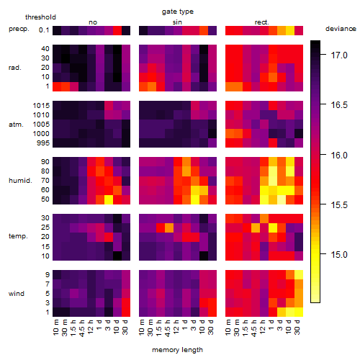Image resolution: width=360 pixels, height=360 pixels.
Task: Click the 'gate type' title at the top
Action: pyautogui.click(x=178, y=12)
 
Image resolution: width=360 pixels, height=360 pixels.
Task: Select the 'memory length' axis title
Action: pyautogui.click(x=177, y=350)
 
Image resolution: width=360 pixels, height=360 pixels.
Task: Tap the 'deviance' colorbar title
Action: pyautogui.click(x=341, y=29)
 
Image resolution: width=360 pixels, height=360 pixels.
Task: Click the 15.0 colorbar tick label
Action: pyautogui.click(x=339, y=254)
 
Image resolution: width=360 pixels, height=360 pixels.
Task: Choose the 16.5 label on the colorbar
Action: pyautogui.click(x=339, y=105)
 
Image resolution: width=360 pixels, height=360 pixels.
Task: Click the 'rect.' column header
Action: pyautogui.click(x=261, y=22)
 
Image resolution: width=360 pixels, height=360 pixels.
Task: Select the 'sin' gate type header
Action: pyautogui.click(x=177, y=22)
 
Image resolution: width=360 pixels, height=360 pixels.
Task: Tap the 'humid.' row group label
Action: pyautogui.click(x=20, y=181)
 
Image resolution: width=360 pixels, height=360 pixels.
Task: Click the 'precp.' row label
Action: pyautogui.click(x=19, y=29)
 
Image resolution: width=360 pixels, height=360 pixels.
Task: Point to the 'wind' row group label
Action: pyautogui.click(x=17, y=294)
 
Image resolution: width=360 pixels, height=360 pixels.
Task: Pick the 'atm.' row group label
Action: pyautogui.click(x=16, y=125)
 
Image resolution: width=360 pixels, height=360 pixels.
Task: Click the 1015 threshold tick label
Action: pyautogui.click(x=41, y=106)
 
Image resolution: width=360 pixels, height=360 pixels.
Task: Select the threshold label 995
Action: pyautogui.click(x=43, y=143)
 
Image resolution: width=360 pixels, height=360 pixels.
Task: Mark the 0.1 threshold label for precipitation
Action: pyautogui.click(x=44, y=30)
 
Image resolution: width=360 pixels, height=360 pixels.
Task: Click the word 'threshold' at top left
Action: pyautogui.click(x=40, y=17)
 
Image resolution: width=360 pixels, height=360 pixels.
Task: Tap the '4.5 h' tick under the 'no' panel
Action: pyautogui.click(x=82, y=328)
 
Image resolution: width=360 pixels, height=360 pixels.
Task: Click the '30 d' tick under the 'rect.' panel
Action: pyautogui.click(x=297, y=327)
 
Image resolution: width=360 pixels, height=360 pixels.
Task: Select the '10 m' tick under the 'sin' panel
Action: pyautogui.click(x=142, y=328)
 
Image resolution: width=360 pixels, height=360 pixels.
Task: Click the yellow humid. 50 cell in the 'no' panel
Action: pyautogui.click(x=109, y=199)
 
